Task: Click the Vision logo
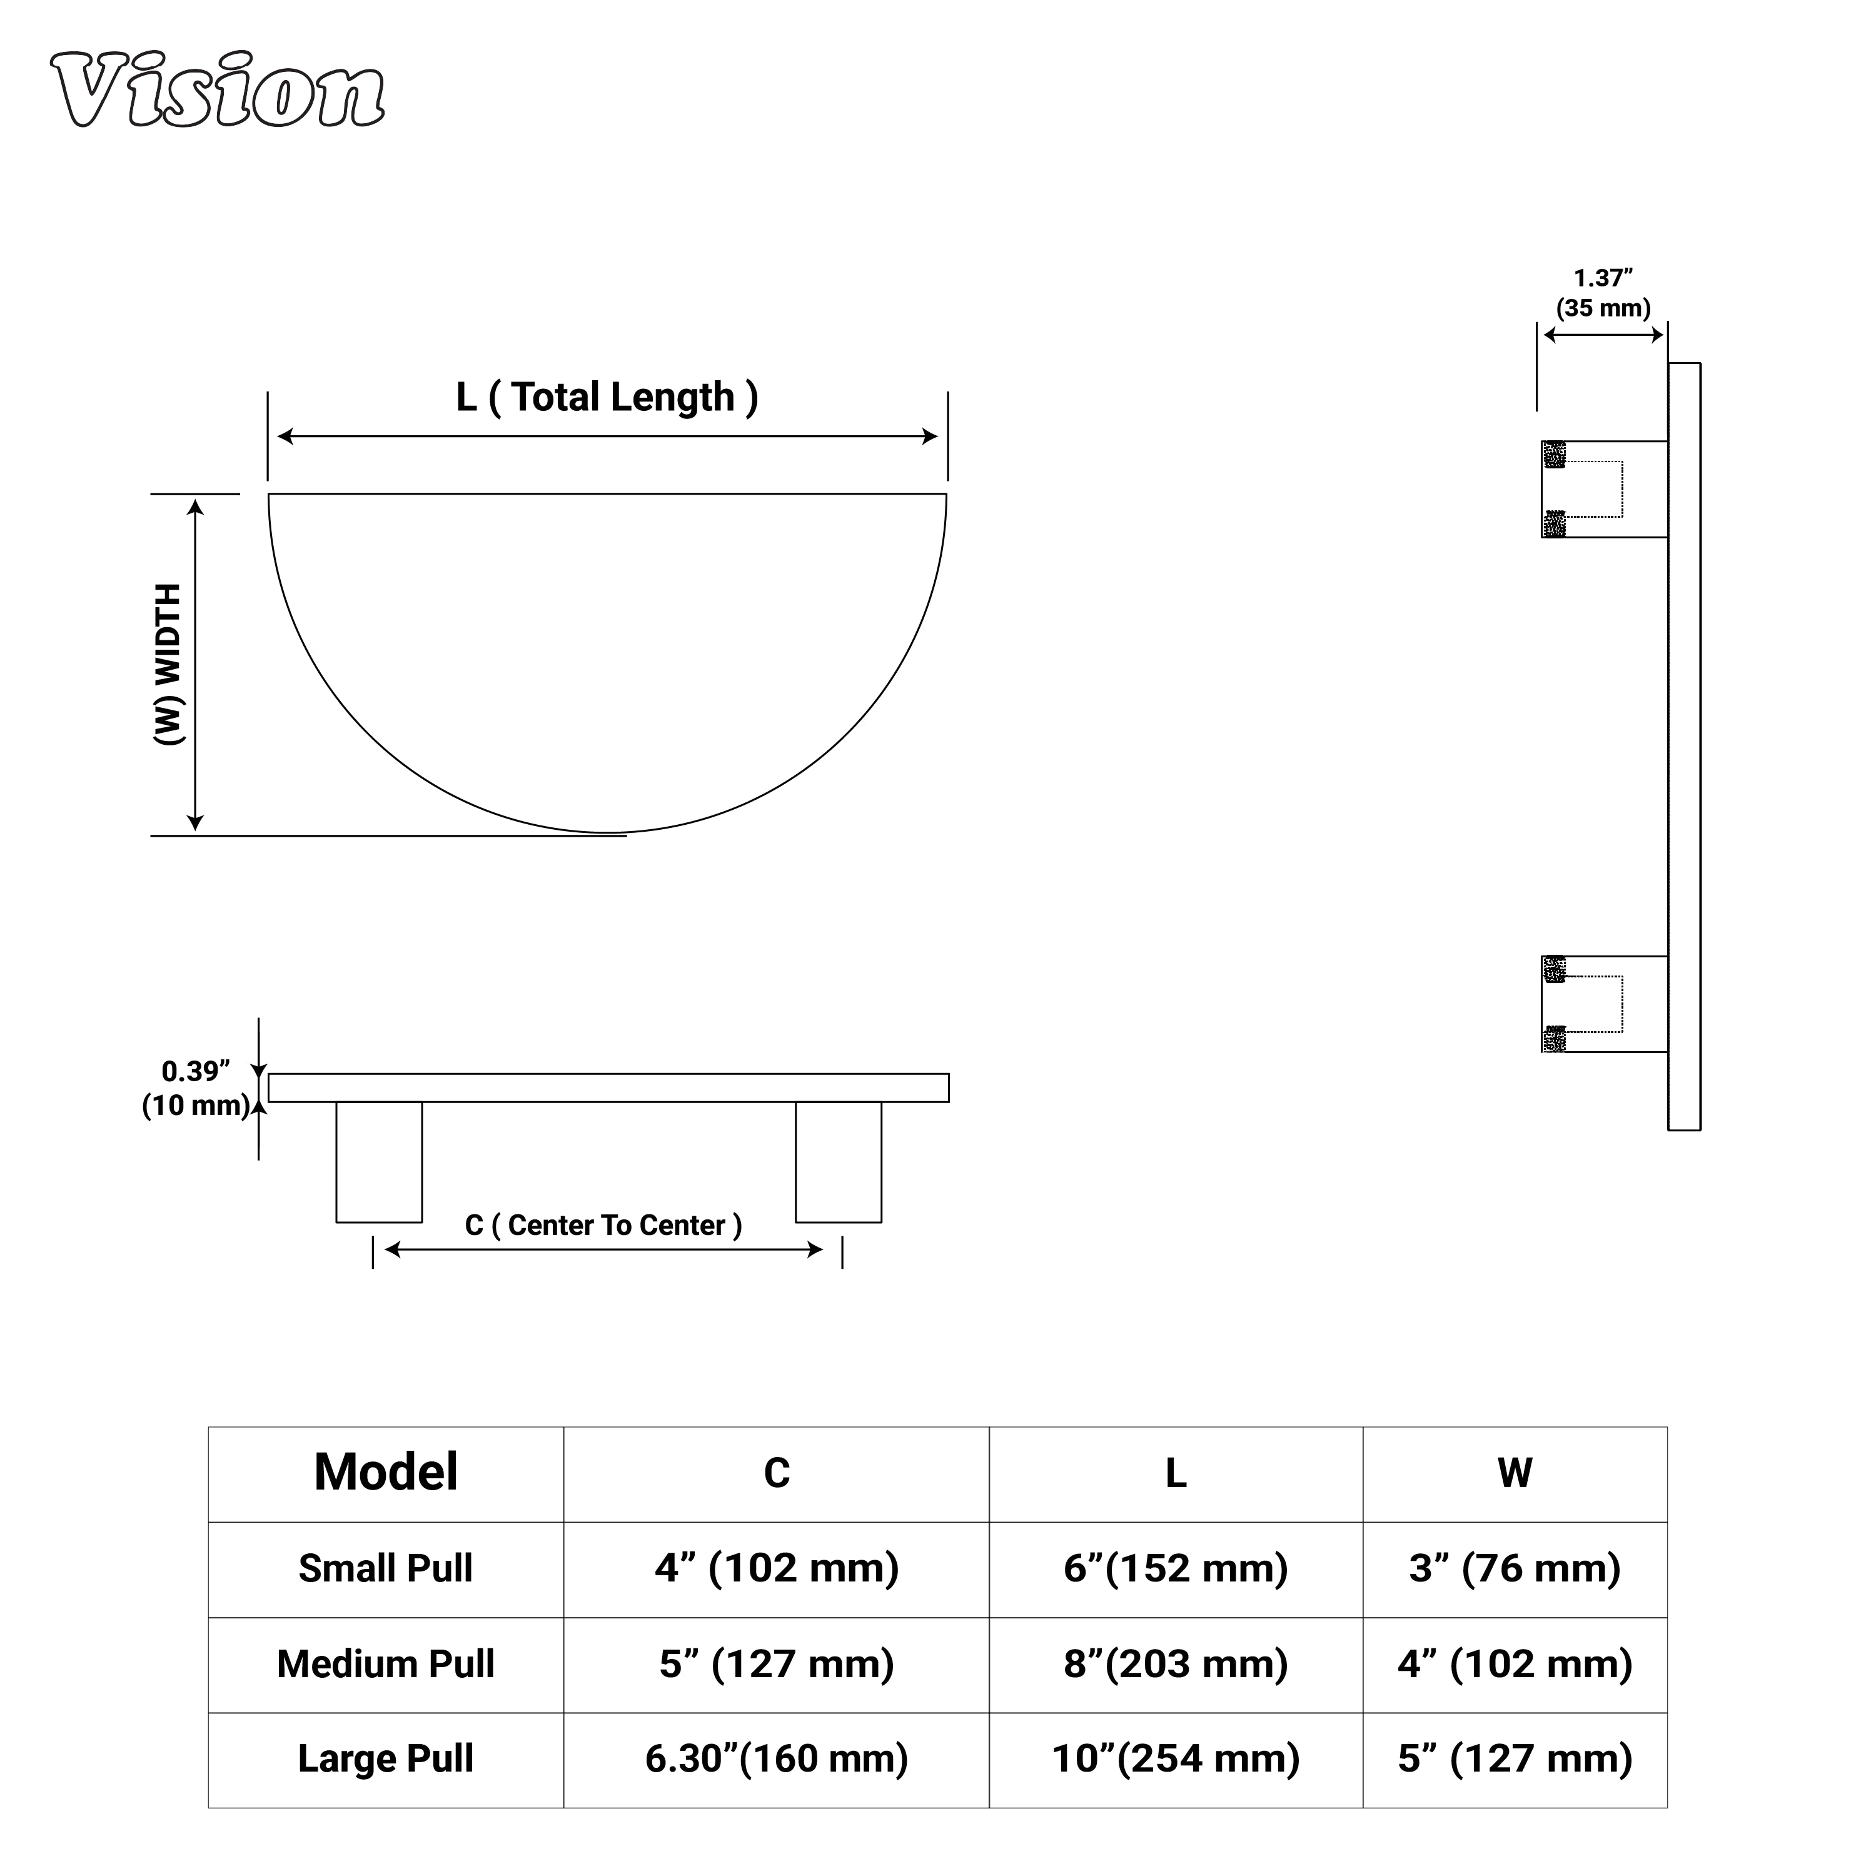tap(218, 89)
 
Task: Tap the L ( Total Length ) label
tap(607, 396)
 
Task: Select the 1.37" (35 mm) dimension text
tap(1603, 293)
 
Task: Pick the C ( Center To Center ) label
tap(603, 1226)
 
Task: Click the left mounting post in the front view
tap(379, 1161)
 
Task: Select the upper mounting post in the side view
tap(1604, 490)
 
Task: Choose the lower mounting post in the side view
tap(1604, 1004)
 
